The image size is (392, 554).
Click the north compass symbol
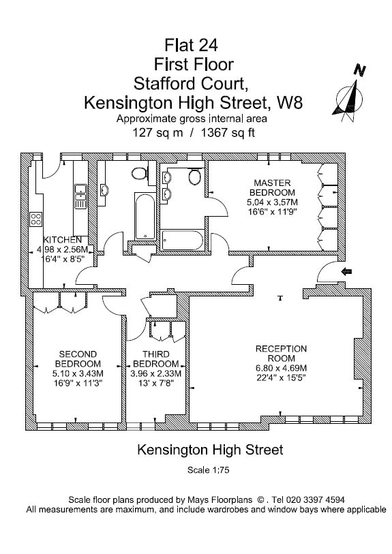(x=350, y=94)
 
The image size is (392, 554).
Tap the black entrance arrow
(x=347, y=271)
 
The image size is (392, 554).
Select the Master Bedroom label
(x=272, y=187)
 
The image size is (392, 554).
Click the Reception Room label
(x=281, y=353)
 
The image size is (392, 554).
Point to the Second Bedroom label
(x=78, y=359)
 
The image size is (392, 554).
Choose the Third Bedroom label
(x=156, y=359)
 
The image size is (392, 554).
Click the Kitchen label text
(x=62, y=240)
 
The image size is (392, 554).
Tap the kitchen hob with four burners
(x=35, y=219)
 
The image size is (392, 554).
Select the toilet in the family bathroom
(x=140, y=173)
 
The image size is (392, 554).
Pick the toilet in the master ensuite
(x=194, y=176)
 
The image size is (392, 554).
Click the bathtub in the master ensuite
(x=183, y=241)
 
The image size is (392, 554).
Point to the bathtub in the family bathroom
(x=145, y=216)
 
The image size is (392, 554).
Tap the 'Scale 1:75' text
(x=209, y=470)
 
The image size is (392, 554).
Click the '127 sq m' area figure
(x=157, y=133)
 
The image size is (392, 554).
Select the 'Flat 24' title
(x=192, y=45)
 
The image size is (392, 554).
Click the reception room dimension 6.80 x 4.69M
(x=281, y=368)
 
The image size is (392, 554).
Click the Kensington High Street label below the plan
(x=210, y=450)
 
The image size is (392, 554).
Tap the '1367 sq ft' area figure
(x=228, y=133)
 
